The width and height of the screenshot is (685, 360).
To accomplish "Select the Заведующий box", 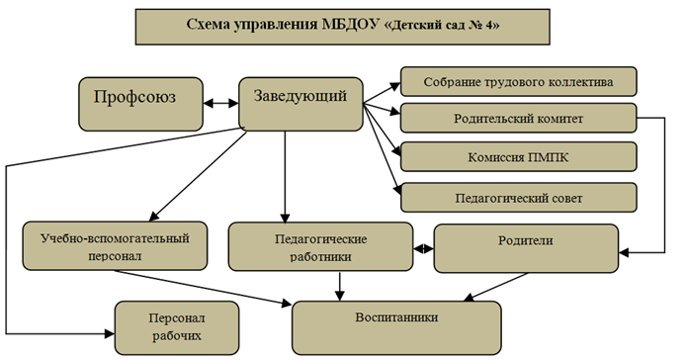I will pos(300,99).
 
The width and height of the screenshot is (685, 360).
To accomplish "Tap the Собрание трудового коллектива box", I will pos(518,81).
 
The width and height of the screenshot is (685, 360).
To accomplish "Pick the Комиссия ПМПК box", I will pos(518,158).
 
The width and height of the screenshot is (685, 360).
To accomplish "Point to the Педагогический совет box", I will pos(518,198).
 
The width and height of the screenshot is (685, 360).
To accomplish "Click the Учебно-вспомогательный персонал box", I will pos(114,245).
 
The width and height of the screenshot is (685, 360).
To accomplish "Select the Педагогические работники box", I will pos(319,246).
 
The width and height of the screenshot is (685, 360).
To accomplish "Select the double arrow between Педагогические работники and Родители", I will pos(422,248).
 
